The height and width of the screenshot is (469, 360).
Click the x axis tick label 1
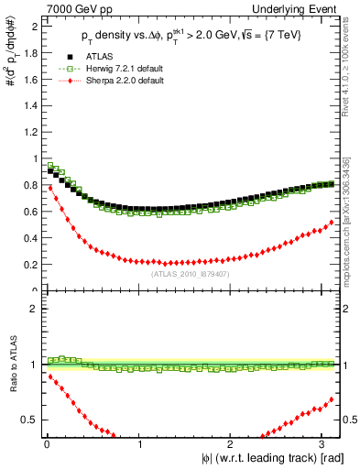click(139, 444)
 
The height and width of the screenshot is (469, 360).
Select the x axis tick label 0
click(46, 444)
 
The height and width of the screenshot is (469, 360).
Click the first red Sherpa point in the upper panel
click(49, 187)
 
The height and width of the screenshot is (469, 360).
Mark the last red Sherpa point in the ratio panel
click(333, 399)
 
